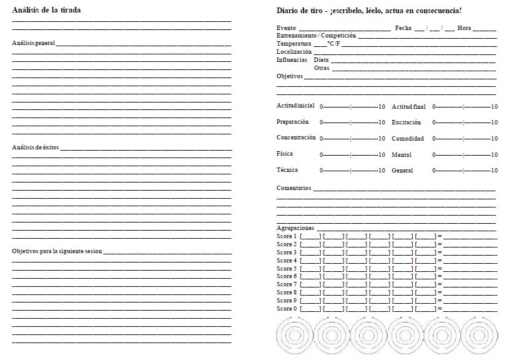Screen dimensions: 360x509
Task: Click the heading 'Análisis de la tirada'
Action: point(46,10)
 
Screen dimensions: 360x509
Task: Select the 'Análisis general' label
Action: point(34,43)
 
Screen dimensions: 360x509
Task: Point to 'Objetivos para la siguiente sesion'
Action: point(57,251)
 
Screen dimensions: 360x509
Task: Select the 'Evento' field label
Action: point(287,28)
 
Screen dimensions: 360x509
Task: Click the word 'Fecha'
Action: point(403,28)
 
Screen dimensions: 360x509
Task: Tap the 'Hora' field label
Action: point(464,28)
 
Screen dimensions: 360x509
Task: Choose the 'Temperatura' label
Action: point(294,44)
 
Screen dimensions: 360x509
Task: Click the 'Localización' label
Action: point(294,52)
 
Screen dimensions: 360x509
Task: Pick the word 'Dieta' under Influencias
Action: point(322,60)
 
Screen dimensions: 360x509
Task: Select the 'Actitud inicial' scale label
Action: point(295,106)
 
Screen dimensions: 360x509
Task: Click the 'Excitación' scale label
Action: point(406,122)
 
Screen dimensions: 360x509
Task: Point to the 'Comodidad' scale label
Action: point(407,138)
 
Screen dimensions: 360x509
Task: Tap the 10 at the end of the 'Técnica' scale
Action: point(382,171)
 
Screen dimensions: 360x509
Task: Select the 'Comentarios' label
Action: point(294,188)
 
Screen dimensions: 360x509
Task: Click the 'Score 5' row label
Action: point(287,268)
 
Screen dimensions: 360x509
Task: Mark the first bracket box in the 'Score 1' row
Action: point(310,236)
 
